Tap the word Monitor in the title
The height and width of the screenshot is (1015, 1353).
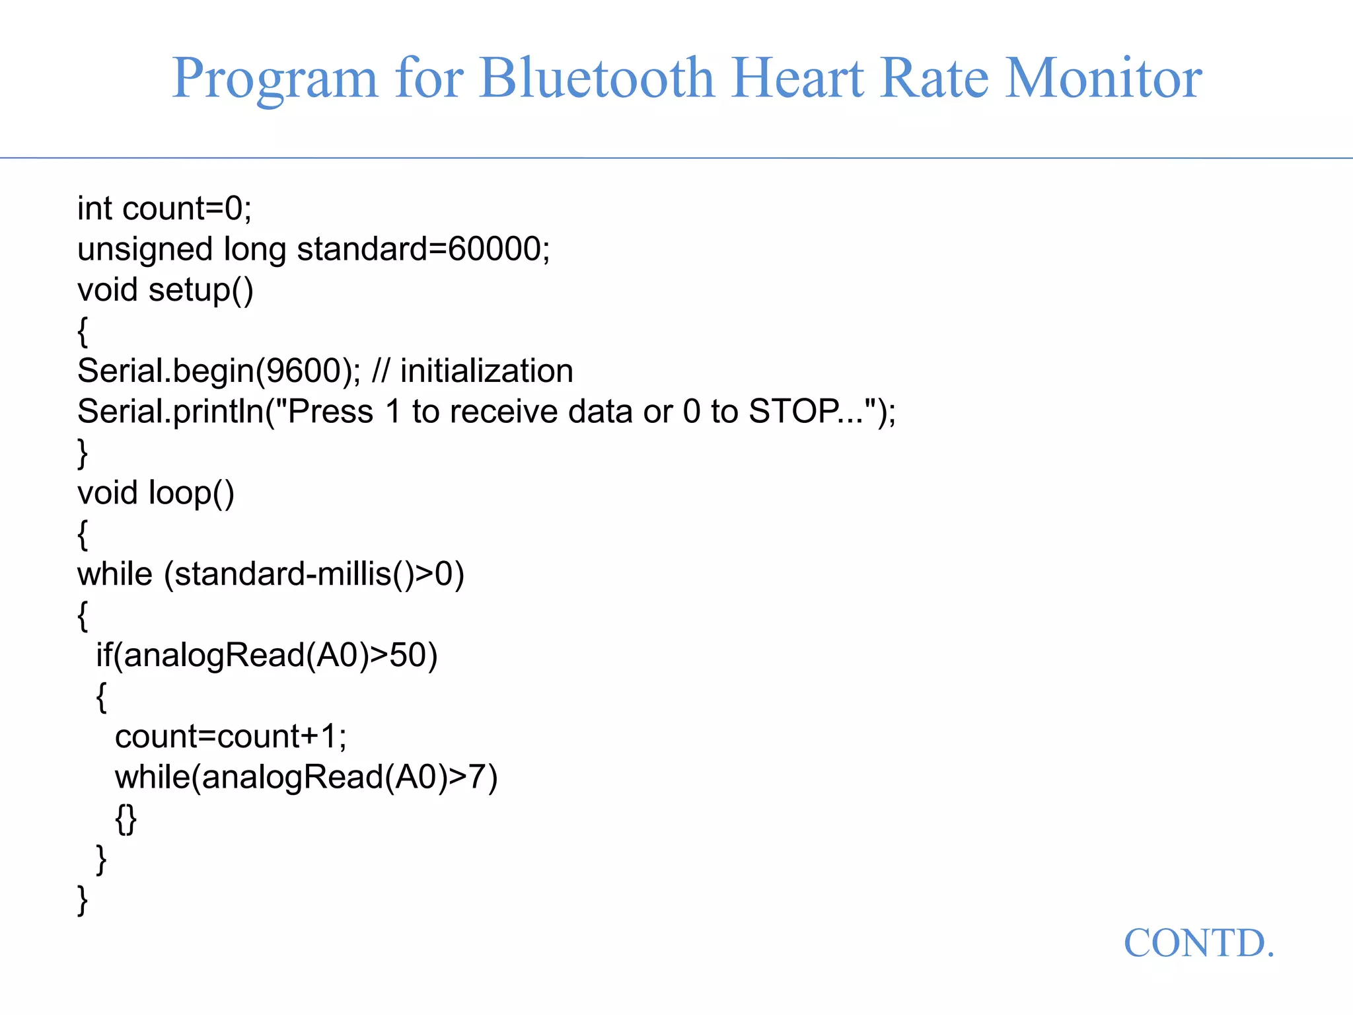(1103, 78)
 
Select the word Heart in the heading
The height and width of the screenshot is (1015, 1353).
(797, 78)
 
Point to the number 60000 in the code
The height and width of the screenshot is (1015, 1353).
(494, 250)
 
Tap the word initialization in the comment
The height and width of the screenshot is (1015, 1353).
(486, 371)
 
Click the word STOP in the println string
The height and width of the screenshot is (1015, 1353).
(793, 412)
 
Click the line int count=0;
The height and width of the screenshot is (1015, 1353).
(165, 209)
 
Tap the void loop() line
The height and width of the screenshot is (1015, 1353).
(156, 494)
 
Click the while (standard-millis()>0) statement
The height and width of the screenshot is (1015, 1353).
(271, 574)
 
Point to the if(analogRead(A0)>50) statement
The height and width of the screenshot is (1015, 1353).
(267, 656)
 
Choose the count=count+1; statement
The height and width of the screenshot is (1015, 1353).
(231, 737)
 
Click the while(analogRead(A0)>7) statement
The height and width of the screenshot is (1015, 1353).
(306, 777)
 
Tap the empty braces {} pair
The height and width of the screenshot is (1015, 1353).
(126, 819)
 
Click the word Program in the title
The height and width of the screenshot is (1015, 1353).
(275, 78)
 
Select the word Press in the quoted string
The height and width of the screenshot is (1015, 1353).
(330, 412)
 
